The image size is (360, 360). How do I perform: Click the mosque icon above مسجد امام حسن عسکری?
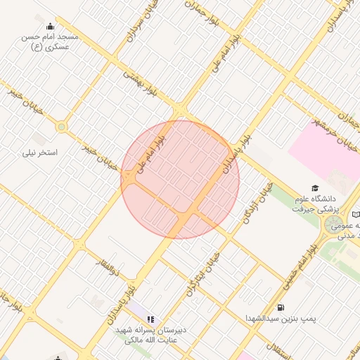pyautogui.click(x=48, y=27)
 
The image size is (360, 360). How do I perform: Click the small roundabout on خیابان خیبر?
pyautogui.click(x=61, y=127)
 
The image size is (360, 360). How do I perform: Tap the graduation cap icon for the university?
pyautogui.click(x=316, y=188)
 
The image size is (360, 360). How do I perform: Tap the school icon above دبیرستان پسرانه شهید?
pyautogui.click(x=150, y=319)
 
